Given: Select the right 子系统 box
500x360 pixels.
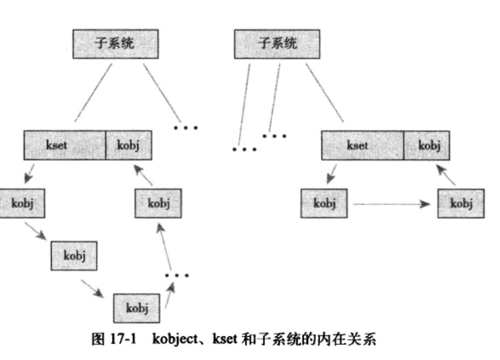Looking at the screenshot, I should point(277,44).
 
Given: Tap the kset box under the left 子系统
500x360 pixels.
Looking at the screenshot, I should point(65,145).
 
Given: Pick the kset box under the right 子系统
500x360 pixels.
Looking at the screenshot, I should point(362,145).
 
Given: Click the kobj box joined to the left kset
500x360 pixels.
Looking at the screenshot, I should point(128,145).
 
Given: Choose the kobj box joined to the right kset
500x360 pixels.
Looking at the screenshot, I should point(428,145).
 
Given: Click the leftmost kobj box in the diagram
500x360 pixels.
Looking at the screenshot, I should point(23,203).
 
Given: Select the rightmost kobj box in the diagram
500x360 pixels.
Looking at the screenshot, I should point(461,203).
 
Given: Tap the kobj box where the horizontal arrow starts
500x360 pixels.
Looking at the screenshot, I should point(324,203).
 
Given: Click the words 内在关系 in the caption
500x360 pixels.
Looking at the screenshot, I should point(351,337).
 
